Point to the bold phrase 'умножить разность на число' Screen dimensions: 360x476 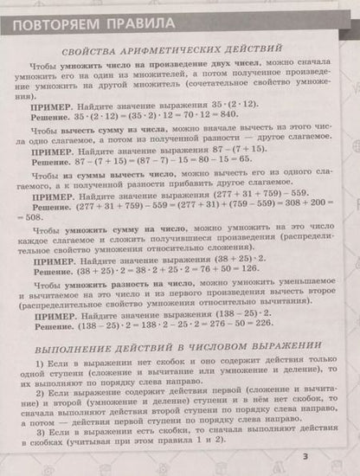click(x=130, y=281)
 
